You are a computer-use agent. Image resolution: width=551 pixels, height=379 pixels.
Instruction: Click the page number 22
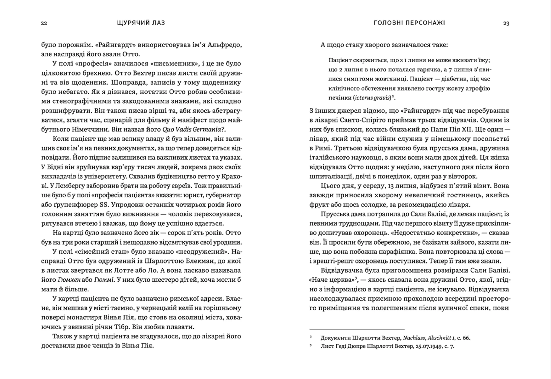(x=44, y=23)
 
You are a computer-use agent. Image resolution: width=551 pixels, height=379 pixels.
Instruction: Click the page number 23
(x=506, y=23)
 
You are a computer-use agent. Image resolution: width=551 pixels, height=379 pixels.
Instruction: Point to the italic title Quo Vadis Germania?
(x=194, y=129)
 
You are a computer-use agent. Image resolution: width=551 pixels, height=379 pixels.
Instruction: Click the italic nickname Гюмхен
(x=67, y=280)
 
